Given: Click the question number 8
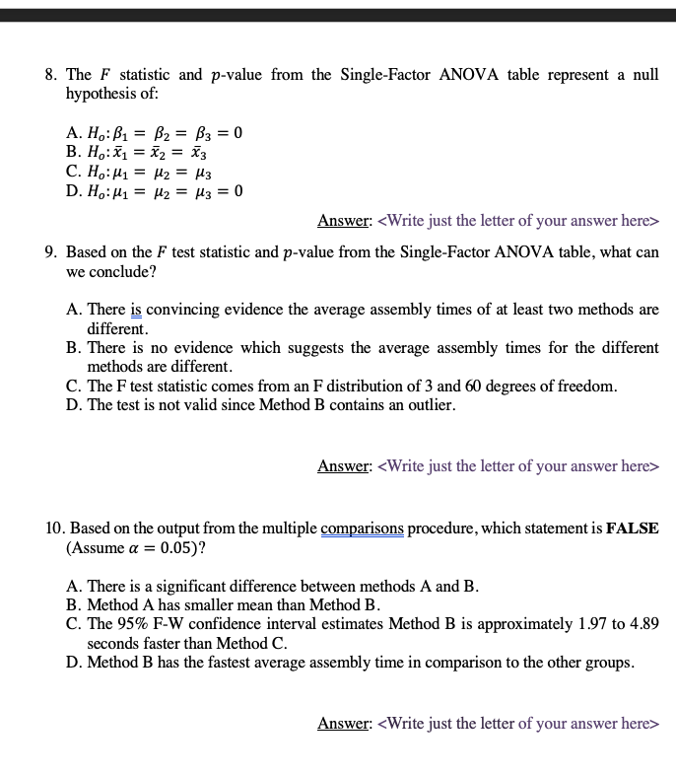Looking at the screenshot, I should click(x=52, y=75).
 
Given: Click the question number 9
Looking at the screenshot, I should click(x=52, y=252).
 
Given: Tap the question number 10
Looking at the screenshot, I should click(x=55, y=528).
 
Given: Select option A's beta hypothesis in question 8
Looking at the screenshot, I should click(x=154, y=132).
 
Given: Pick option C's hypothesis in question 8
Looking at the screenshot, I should click(x=137, y=171).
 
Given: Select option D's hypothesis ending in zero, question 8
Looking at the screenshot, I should click(x=154, y=190).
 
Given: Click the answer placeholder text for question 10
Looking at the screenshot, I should click(x=518, y=723).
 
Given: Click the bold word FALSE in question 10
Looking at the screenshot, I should click(x=633, y=528).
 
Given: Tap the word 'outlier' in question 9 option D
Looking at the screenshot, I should click(x=432, y=405).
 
